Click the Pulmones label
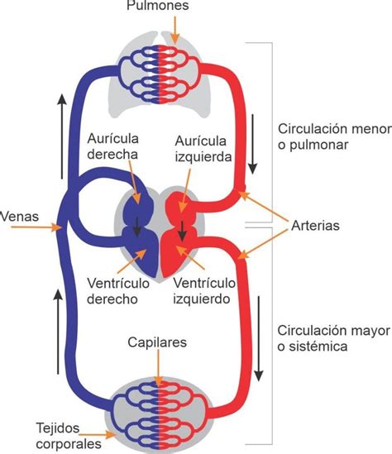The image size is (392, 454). [158, 5]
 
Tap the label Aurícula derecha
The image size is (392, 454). [113, 146]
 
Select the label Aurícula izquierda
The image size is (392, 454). [203, 149]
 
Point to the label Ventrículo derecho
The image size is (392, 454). [118, 291]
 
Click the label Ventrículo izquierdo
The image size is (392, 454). [204, 291]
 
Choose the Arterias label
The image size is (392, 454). [315, 226]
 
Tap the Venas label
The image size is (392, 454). [19, 217]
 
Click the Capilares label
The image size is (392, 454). [157, 342]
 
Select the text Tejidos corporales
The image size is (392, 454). [69, 436]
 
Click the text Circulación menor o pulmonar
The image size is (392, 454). [335, 136]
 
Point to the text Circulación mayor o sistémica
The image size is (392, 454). [334, 338]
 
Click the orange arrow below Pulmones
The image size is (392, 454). [174, 30]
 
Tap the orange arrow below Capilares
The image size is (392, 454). [158, 368]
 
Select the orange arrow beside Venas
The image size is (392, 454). [36, 227]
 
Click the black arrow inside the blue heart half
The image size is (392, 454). [137, 226]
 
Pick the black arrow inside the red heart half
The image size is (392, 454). [182, 231]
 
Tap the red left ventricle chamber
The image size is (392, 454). [174, 253]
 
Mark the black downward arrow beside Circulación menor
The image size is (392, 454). [253, 144]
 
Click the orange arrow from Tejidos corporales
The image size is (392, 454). [97, 435]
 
